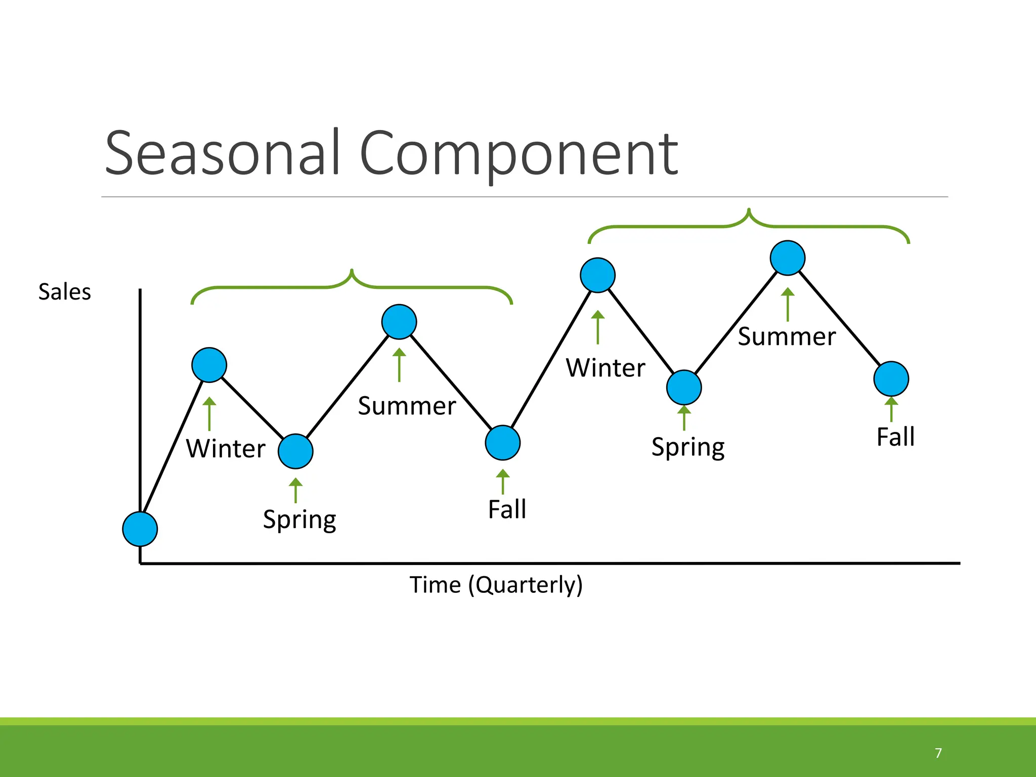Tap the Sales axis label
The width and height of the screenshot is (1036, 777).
(x=65, y=292)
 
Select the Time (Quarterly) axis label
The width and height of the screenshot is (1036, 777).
(x=496, y=585)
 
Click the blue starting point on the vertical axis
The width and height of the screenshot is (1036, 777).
(x=140, y=529)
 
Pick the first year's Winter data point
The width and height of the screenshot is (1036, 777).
(x=209, y=365)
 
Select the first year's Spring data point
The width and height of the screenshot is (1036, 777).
(x=296, y=451)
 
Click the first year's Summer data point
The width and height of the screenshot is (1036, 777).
(x=399, y=322)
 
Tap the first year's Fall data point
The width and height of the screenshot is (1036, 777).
(x=503, y=443)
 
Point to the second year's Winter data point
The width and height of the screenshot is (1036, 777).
(x=598, y=275)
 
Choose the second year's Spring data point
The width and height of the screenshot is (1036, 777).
(x=684, y=387)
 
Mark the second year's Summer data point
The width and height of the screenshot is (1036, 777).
(x=788, y=258)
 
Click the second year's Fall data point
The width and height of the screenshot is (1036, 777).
(x=891, y=379)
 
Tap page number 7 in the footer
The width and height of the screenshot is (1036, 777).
(x=938, y=753)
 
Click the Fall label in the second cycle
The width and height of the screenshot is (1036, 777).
(x=895, y=437)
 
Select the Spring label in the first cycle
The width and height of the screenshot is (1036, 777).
(x=299, y=520)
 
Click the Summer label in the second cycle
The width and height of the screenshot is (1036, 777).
(x=787, y=337)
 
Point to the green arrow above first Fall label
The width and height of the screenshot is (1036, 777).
(x=503, y=482)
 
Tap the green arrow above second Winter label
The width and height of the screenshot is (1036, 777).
(x=598, y=327)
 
